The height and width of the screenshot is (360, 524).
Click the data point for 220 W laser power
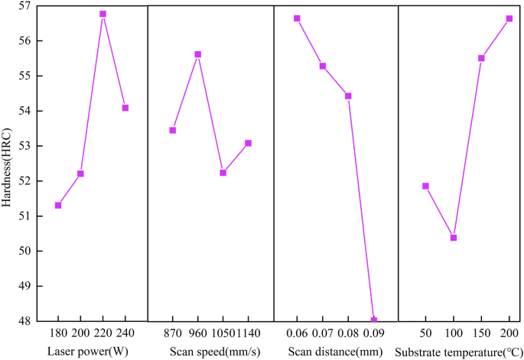tap(103, 14)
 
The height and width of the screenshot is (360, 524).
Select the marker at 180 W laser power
tap(58, 206)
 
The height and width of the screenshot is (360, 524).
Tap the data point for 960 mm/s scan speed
tap(197, 54)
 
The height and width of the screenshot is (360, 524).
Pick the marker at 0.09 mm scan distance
tap(373, 320)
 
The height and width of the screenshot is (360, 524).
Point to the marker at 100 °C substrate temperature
tap(454, 238)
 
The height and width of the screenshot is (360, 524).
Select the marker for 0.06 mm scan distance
tap(297, 18)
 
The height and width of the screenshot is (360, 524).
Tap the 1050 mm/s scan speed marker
tap(223, 173)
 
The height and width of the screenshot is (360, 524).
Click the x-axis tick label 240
tap(125, 336)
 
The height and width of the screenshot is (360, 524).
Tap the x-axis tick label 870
tap(173, 336)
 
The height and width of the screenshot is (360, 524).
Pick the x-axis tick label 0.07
tap(322, 336)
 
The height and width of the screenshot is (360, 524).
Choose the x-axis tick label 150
tap(481, 336)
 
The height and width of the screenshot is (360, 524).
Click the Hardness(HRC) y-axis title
tap(7, 164)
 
